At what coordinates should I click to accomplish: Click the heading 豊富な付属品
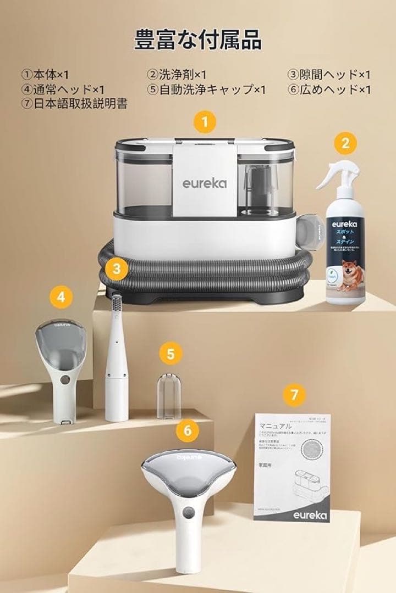198,40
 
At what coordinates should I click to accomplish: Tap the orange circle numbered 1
205,122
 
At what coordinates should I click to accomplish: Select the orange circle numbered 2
345,143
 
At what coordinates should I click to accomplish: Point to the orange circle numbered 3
117,269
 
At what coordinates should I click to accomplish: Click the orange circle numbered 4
61,297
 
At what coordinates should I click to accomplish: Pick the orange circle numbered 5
171,354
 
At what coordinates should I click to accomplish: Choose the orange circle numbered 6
188,431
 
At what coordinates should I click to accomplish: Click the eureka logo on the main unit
204,183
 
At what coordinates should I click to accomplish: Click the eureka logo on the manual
310,515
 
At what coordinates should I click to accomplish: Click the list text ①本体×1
46,74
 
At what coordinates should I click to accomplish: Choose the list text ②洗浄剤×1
177,74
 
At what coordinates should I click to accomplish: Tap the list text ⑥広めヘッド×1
329,89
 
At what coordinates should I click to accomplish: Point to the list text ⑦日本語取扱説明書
75,103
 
